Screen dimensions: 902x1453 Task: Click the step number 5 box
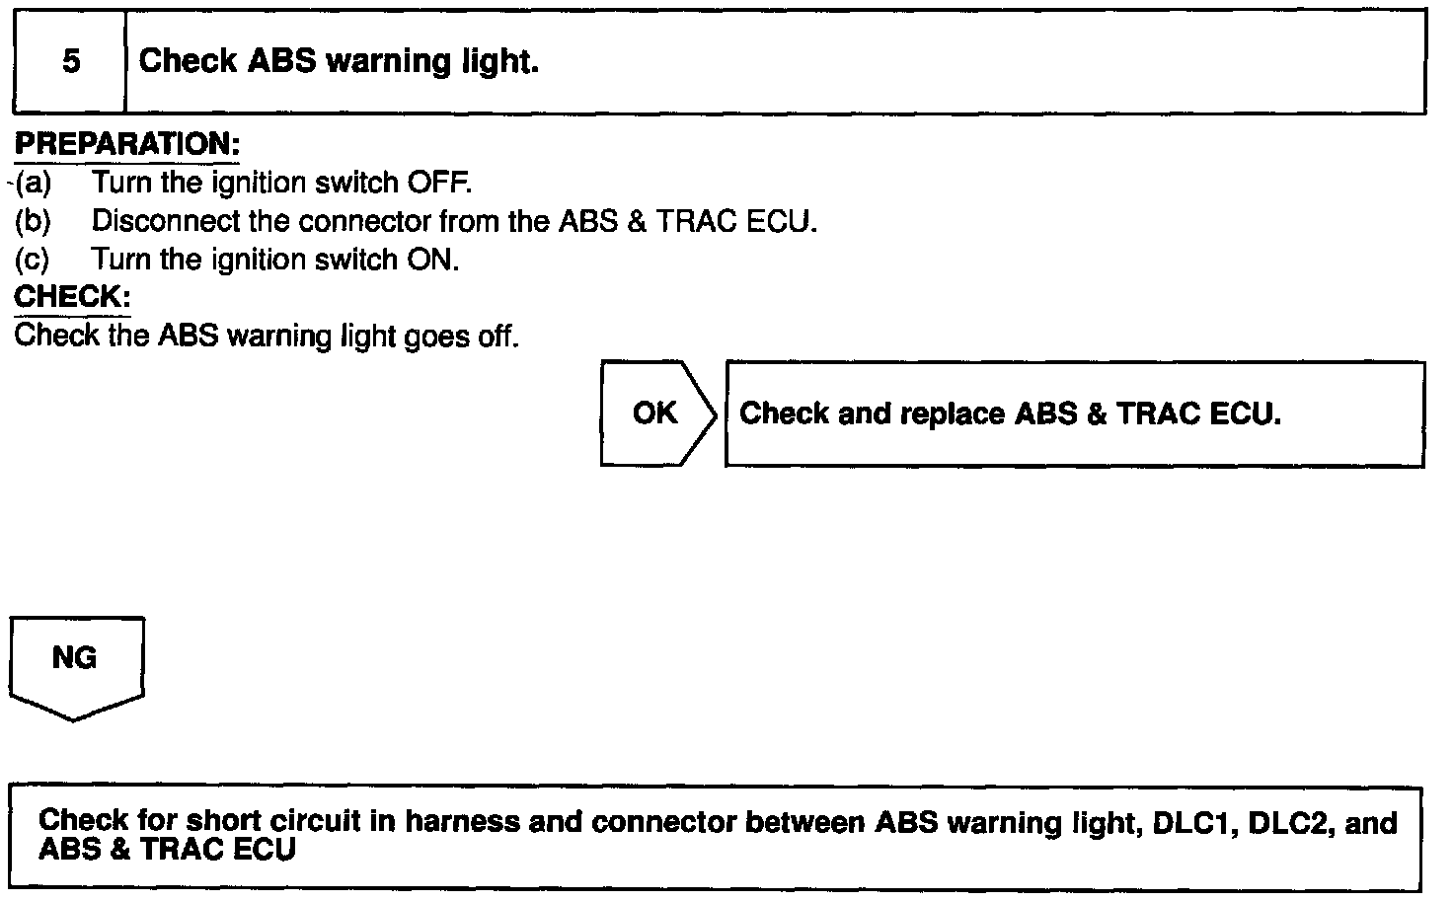[70, 62]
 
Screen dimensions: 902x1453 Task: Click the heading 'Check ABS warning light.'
[339, 61]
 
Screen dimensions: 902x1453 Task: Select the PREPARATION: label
[126, 144]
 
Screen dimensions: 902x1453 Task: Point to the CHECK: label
[73, 297]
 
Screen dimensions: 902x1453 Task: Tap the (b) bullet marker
[33, 221]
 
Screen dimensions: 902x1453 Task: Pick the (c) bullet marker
[33, 260]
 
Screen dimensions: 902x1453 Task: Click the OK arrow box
[656, 413]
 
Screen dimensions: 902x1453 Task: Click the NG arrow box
[75, 660]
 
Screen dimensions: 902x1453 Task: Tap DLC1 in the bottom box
[1191, 822]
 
